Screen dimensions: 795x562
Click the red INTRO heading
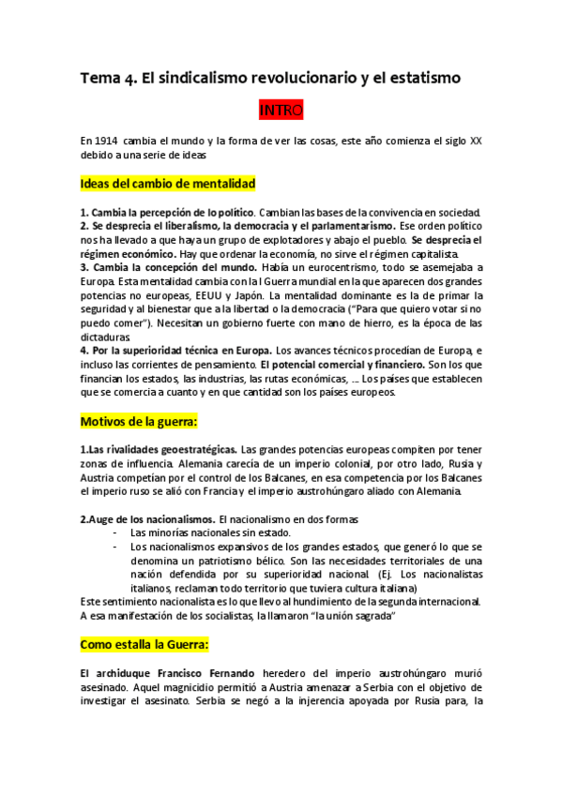281,111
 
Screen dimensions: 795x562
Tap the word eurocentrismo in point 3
343,267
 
